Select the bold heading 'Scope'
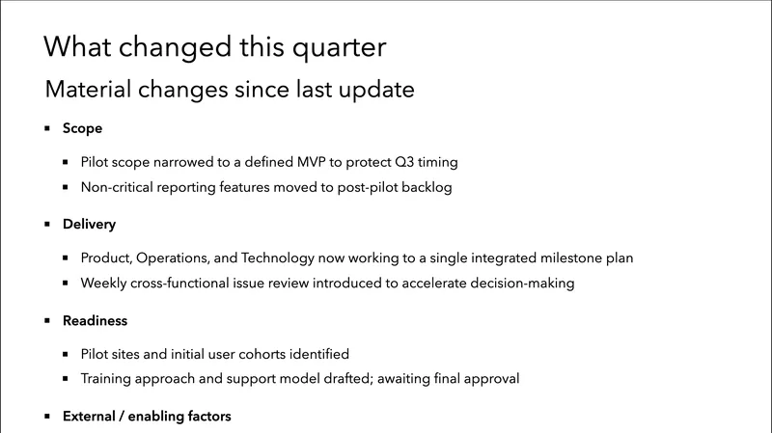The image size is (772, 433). pyautogui.click(x=82, y=127)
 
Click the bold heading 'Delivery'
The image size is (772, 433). pyautogui.click(x=89, y=224)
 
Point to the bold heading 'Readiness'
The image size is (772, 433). pyautogui.click(x=95, y=320)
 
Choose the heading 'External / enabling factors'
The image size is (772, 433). pyautogui.click(x=147, y=417)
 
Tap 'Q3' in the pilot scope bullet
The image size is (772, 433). pyautogui.click(x=408, y=161)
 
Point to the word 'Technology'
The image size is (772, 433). pyautogui.click(x=293, y=257)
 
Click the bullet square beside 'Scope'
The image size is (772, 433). pyautogui.click(x=47, y=127)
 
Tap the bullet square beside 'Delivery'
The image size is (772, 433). pyautogui.click(x=47, y=224)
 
